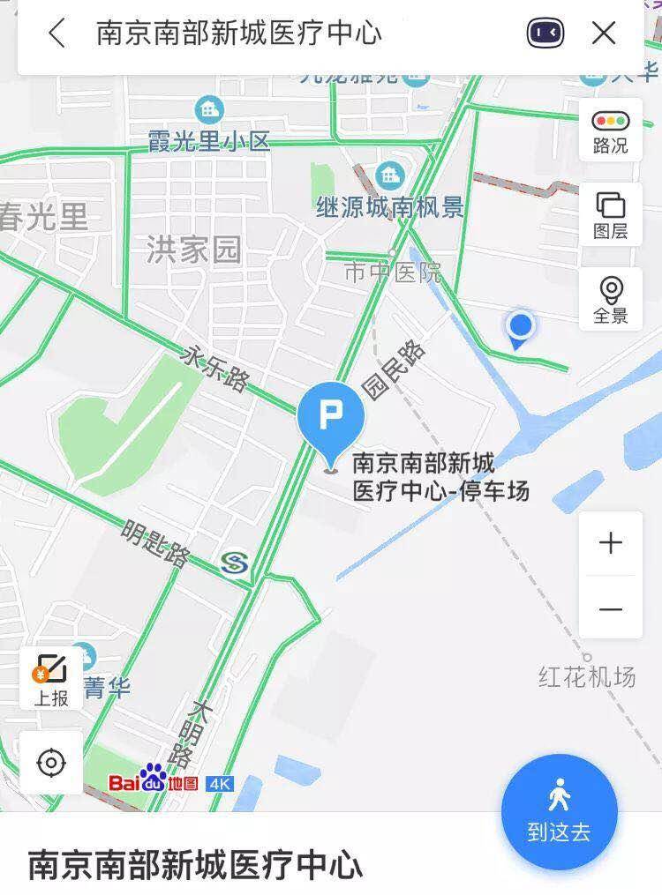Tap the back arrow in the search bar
[57, 34]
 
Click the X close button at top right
[604, 34]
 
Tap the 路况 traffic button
[611, 131]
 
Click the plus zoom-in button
[611, 542]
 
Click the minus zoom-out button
[611, 609]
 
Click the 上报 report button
[51, 680]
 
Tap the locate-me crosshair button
[51, 762]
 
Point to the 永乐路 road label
[214, 368]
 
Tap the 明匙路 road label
[155, 543]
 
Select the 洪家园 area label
[193, 250]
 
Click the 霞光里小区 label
[208, 140]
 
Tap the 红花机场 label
[587, 677]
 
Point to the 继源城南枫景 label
[390, 207]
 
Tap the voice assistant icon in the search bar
[545, 34]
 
